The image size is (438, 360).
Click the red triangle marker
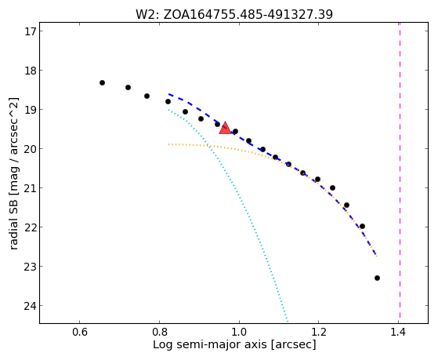tap(225, 128)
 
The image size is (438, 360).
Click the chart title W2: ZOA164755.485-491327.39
tap(234, 14)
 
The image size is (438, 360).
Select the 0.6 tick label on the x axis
tap(80, 332)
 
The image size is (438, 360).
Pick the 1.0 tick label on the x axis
tap(239, 332)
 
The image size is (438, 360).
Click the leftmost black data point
tap(102, 83)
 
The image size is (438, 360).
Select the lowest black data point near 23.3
tap(377, 278)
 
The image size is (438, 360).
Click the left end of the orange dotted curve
tap(168, 144)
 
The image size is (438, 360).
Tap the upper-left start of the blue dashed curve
tap(169, 94)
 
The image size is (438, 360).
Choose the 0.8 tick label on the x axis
tap(159, 332)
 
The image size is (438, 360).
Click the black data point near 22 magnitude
tap(362, 227)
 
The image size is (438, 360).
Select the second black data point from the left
tap(128, 88)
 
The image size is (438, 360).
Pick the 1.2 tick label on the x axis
tap(319, 332)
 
